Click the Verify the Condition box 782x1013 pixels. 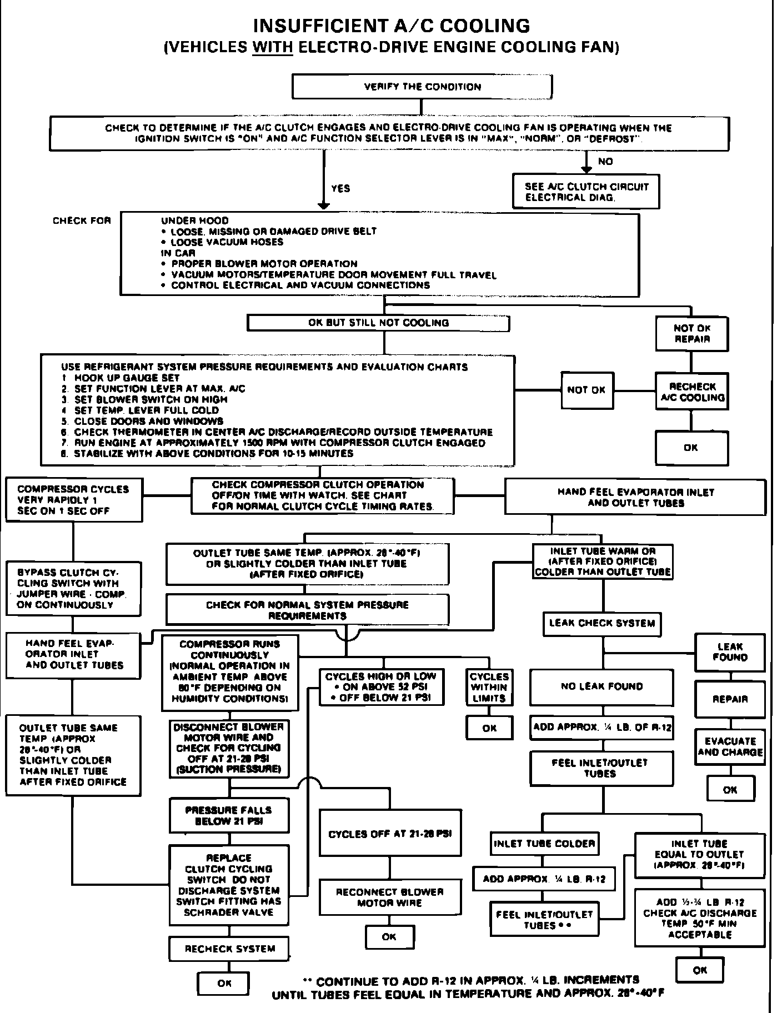[422, 87]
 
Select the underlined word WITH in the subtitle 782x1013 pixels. [272, 47]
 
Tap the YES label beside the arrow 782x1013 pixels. [340, 188]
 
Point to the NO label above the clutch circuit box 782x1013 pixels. [605, 162]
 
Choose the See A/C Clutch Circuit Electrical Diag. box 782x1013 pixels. [586, 192]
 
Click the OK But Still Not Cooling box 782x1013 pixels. [378, 323]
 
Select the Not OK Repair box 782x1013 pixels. [691, 333]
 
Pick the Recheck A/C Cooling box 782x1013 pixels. [691, 392]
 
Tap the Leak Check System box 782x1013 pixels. [602, 623]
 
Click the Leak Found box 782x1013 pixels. [730, 652]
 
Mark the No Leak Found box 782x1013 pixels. [601, 686]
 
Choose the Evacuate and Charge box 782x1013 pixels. [730, 746]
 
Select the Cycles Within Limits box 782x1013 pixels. [489, 688]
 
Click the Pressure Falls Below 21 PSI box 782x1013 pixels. [229, 816]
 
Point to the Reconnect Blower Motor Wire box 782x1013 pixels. [389, 897]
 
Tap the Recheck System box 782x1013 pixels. [229, 949]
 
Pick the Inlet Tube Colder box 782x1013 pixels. [544, 844]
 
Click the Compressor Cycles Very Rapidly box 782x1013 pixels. [73, 500]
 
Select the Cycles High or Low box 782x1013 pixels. [381, 687]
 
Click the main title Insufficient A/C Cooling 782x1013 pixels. [392, 26]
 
